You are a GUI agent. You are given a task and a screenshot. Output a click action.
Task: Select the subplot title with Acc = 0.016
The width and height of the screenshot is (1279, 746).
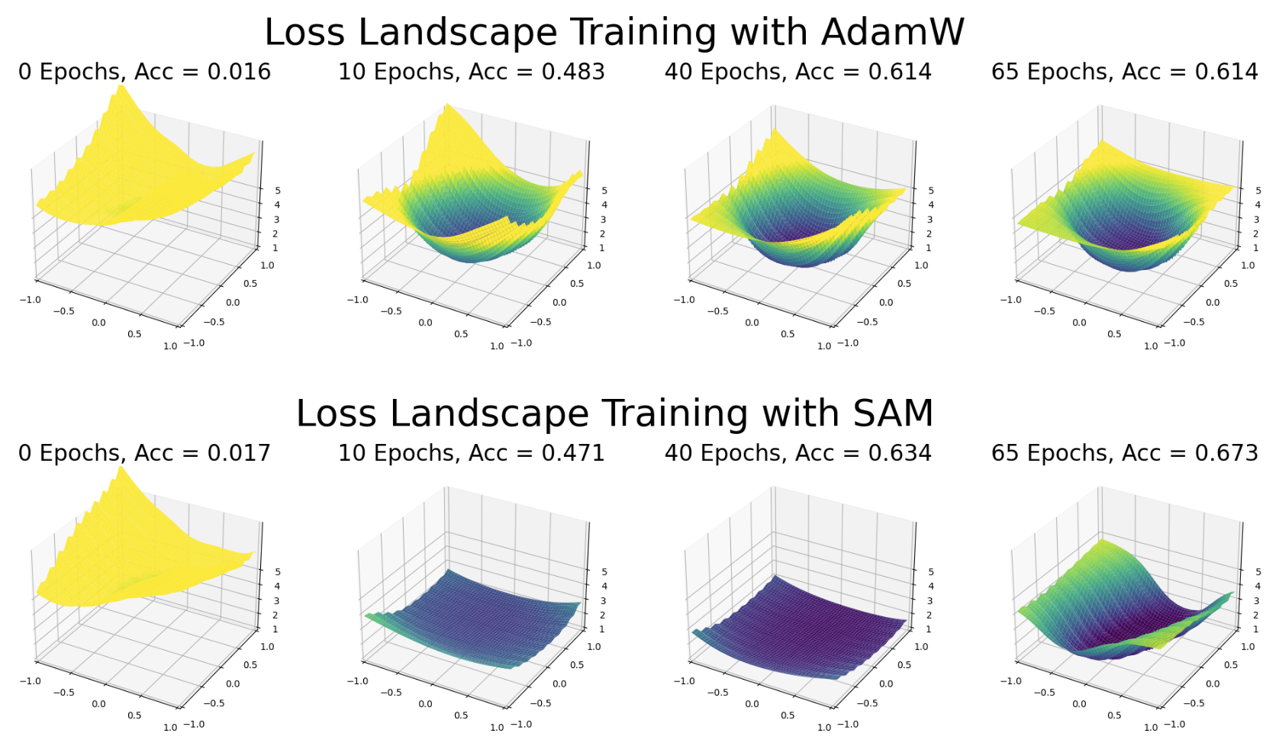[145, 72]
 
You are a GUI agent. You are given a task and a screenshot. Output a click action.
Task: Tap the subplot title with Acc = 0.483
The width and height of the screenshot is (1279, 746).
[471, 72]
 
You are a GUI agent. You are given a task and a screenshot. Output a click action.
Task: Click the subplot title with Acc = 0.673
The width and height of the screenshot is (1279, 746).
[1124, 453]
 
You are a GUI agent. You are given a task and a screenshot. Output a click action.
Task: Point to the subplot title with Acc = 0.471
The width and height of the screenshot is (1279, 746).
[471, 453]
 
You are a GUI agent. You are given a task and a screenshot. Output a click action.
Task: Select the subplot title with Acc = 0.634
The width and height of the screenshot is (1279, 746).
[797, 453]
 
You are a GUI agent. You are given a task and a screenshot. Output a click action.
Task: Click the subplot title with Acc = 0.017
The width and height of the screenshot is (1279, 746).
[145, 453]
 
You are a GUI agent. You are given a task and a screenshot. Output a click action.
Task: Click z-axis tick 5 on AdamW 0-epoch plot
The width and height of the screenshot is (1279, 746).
[277, 191]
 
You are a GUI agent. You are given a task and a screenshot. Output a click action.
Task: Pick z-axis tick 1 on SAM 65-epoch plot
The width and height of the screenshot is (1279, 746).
[1255, 629]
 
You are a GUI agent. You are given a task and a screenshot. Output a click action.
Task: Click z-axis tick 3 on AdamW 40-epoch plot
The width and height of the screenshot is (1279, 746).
[929, 220]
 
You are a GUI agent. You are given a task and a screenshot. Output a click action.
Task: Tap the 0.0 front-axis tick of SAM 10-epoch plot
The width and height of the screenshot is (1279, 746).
[425, 704]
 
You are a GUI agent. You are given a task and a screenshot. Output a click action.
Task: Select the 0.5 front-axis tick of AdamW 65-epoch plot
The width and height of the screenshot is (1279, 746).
[1114, 334]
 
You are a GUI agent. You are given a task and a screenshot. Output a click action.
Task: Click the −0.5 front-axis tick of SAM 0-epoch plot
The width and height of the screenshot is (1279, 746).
[64, 693]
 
